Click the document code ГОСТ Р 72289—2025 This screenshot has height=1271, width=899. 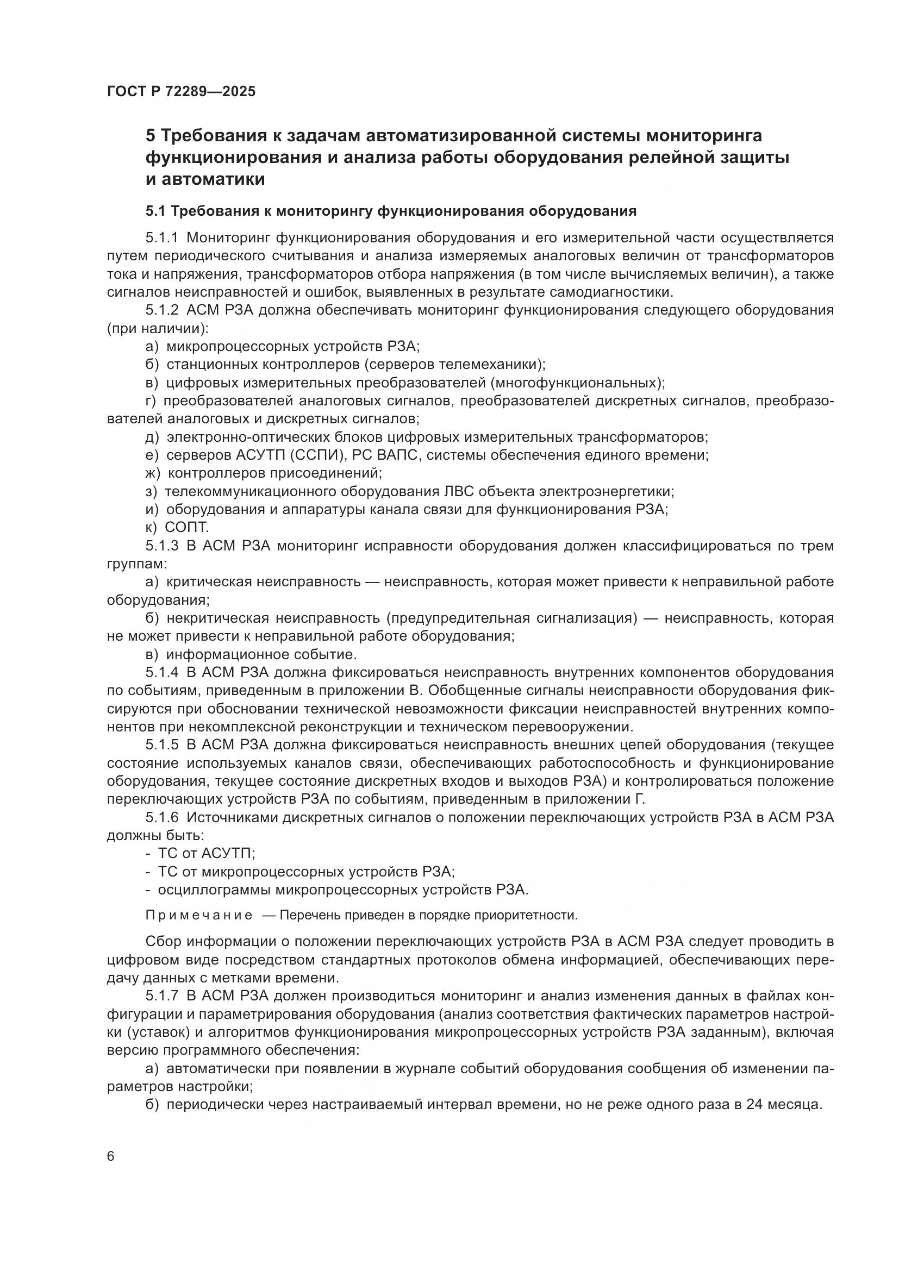click(x=181, y=92)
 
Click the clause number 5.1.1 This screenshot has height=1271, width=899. click(x=161, y=238)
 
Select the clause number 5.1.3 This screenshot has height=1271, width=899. click(x=161, y=546)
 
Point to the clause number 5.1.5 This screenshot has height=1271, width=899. click(x=161, y=745)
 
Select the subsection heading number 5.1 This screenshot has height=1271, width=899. click(x=155, y=211)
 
